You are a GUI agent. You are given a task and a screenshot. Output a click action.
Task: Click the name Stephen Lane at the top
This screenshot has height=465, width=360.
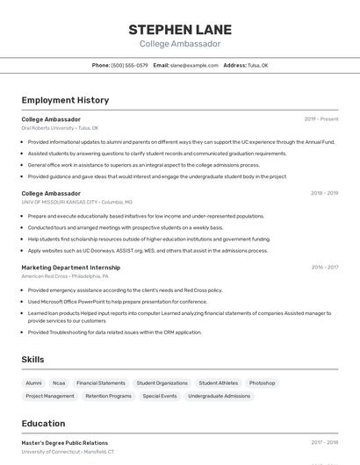(180, 29)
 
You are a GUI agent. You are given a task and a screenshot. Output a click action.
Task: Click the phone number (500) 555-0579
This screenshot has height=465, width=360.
(130, 65)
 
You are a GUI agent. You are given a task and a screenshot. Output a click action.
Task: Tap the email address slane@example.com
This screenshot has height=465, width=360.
(194, 65)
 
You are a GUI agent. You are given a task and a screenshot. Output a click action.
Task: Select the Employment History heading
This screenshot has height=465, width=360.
(65, 100)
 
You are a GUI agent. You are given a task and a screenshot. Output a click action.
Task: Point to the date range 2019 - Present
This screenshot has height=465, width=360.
(321, 119)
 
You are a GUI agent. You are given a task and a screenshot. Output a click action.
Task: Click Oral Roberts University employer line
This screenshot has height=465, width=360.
(60, 128)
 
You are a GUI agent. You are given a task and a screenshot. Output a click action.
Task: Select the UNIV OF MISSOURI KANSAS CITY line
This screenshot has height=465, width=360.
(77, 202)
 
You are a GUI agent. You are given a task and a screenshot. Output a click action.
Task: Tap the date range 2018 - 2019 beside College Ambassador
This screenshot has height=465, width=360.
(324, 193)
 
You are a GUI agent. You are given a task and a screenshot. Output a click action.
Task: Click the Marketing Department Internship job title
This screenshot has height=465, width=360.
(71, 267)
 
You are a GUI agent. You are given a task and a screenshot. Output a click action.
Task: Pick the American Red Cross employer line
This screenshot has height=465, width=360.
(65, 276)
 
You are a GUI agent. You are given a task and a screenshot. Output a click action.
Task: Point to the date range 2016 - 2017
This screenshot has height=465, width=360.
(324, 268)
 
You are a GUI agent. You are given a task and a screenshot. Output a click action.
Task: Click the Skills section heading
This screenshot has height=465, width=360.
(32, 360)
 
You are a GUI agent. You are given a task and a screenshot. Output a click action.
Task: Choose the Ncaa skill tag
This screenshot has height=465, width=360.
(59, 383)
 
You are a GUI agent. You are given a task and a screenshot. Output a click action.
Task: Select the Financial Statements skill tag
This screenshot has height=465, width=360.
(101, 383)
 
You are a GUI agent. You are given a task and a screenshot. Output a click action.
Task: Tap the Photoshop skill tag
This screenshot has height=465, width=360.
(262, 383)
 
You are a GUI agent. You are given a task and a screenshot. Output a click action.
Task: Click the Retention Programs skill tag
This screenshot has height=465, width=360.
(108, 396)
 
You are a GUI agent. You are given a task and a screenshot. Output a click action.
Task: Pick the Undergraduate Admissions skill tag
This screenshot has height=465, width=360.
(219, 396)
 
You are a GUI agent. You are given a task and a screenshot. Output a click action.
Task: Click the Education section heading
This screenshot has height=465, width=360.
(43, 424)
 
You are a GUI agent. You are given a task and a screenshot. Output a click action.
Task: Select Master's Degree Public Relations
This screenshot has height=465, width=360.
(65, 443)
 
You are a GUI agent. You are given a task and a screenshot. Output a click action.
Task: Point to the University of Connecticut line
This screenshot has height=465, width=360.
(68, 452)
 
